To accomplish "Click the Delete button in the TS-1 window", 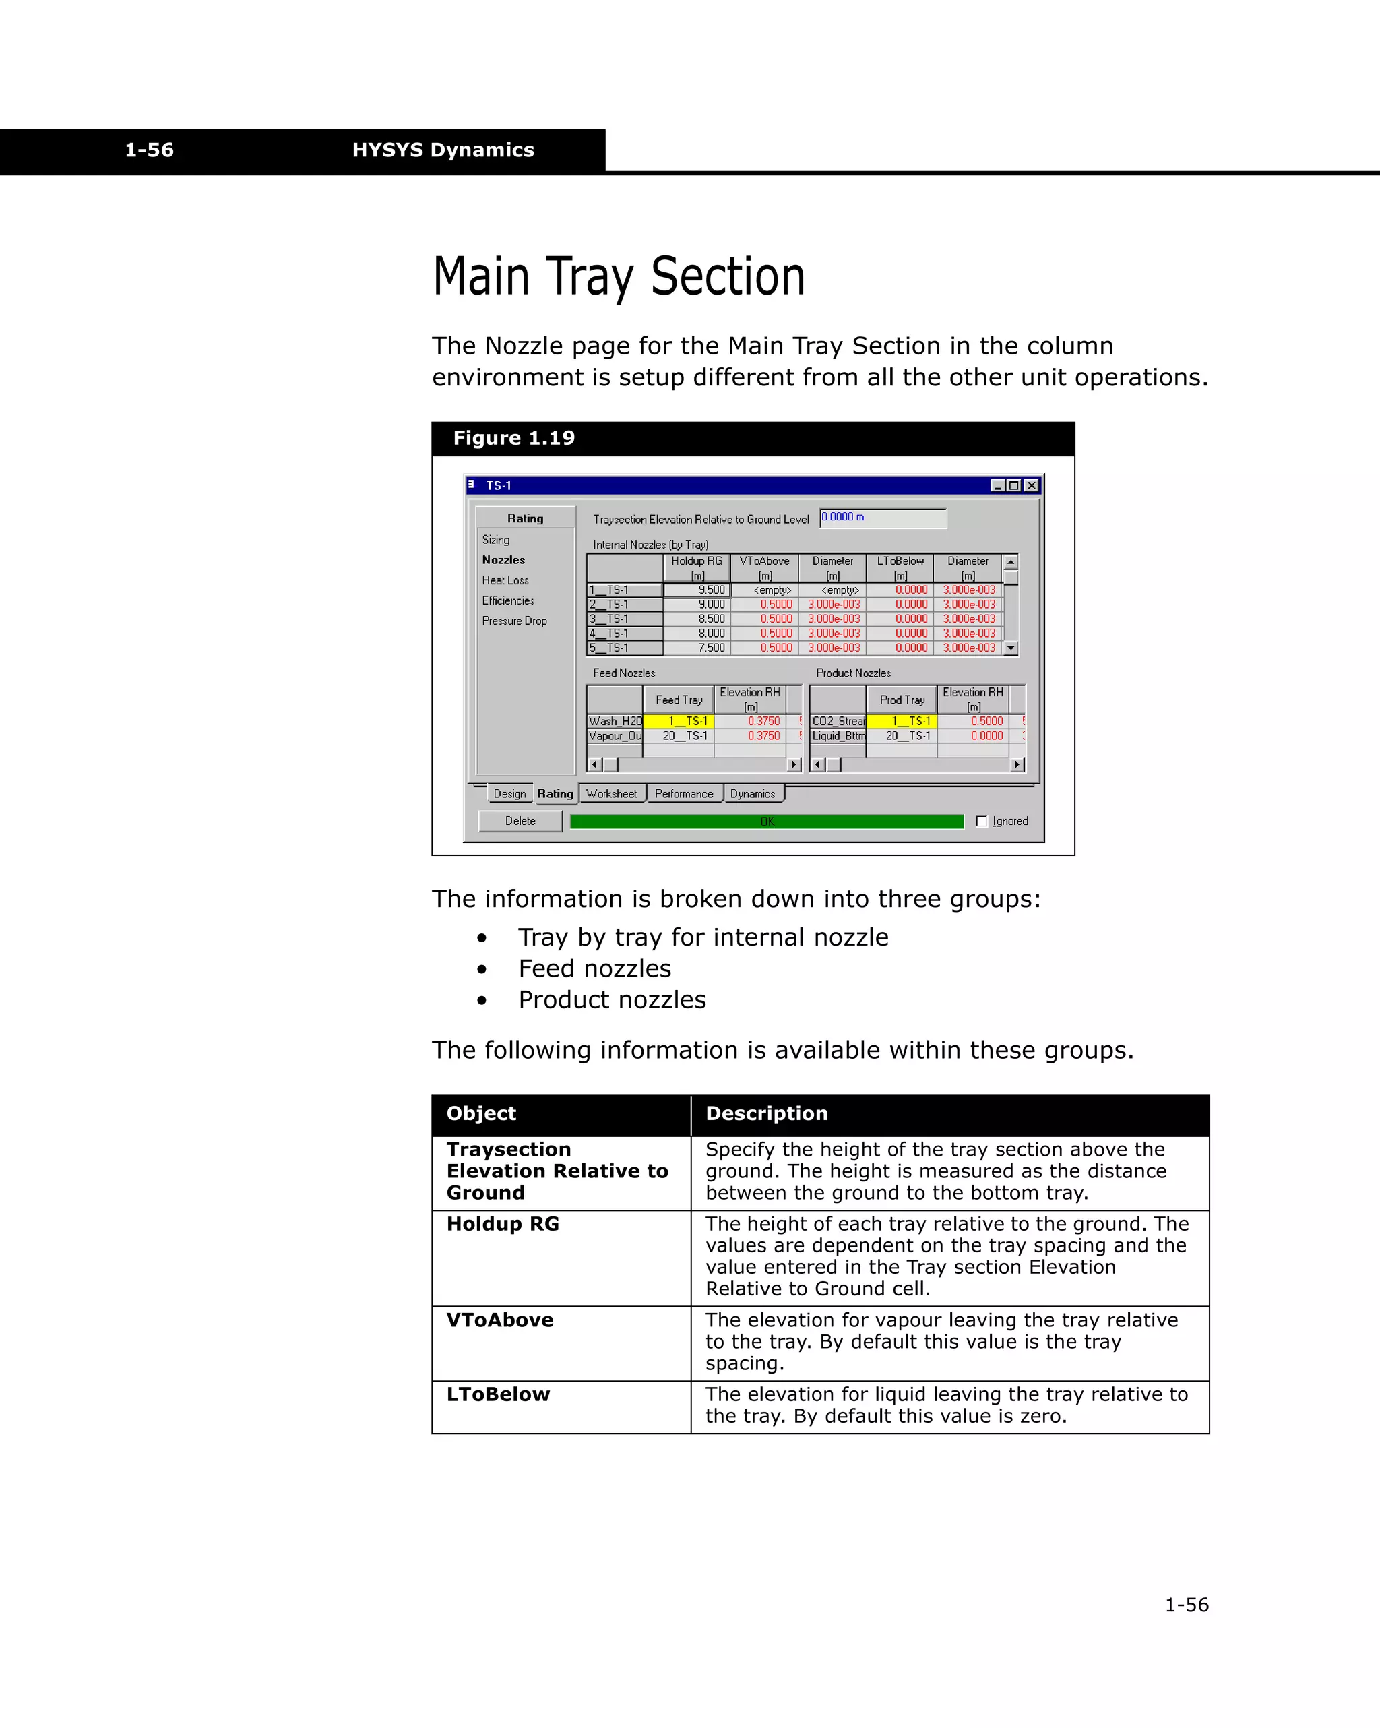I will (x=520, y=821).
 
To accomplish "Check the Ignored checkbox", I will (x=982, y=821).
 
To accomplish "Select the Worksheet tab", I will (x=611, y=793).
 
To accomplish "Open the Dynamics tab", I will (x=753, y=793).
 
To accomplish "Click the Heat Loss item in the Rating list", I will (x=505, y=580).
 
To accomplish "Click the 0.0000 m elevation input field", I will (x=882, y=518).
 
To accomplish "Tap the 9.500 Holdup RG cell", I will (x=697, y=590).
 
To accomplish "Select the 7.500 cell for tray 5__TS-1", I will (x=697, y=648).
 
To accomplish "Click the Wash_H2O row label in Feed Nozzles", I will (x=615, y=721).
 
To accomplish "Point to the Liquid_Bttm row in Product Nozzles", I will (x=838, y=736).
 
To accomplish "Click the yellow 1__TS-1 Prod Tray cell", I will (x=902, y=721).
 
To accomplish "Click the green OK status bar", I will (x=766, y=822).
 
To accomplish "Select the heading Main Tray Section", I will (x=619, y=277).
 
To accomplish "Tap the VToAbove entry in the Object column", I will (x=500, y=1320).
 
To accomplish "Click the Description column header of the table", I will (x=766, y=1113).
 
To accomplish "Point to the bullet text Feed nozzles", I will (x=594, y=968).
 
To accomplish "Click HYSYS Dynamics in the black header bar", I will (x=443, y=150).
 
